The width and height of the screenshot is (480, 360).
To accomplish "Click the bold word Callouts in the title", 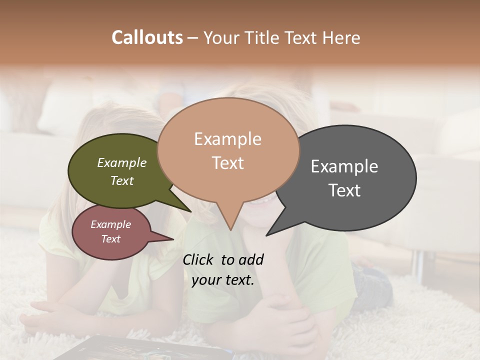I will tap(147, 37).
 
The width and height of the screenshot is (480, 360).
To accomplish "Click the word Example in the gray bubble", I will tap(344, 166).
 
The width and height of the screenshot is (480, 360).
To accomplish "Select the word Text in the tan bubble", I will tap(228, 163).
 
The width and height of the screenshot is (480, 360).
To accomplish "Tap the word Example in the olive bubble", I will tap(121, 162).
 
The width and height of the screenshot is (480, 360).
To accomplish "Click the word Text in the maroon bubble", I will tap(110, 239).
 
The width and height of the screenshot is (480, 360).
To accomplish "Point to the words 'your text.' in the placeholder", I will tap(223, 280).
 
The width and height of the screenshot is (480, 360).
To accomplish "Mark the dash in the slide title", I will tap(193, 37).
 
